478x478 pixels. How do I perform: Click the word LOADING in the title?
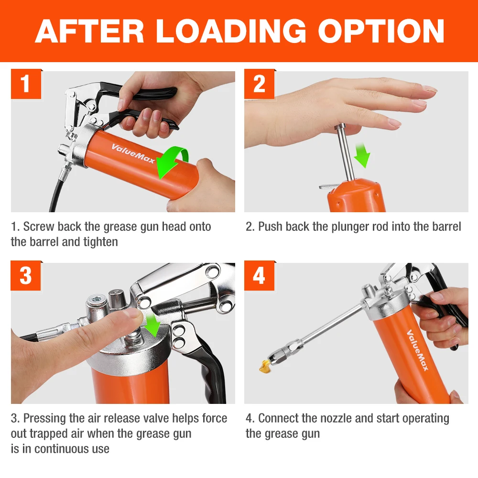pos(231,31)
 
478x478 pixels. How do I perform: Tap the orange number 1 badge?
pos(26,84)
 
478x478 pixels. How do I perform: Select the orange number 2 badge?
pos(260,84)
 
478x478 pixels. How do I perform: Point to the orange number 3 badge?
pos(26,276)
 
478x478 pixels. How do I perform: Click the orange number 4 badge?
pos(260,276)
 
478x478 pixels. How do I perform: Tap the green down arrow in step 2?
pos(362,155)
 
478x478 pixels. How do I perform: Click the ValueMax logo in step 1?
pos(133,153)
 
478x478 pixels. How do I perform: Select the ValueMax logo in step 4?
pos(417,350)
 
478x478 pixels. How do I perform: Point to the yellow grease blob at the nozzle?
pos(264,366)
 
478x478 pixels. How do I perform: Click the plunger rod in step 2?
pos(344,152)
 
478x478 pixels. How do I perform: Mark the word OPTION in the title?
pos(381,31)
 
